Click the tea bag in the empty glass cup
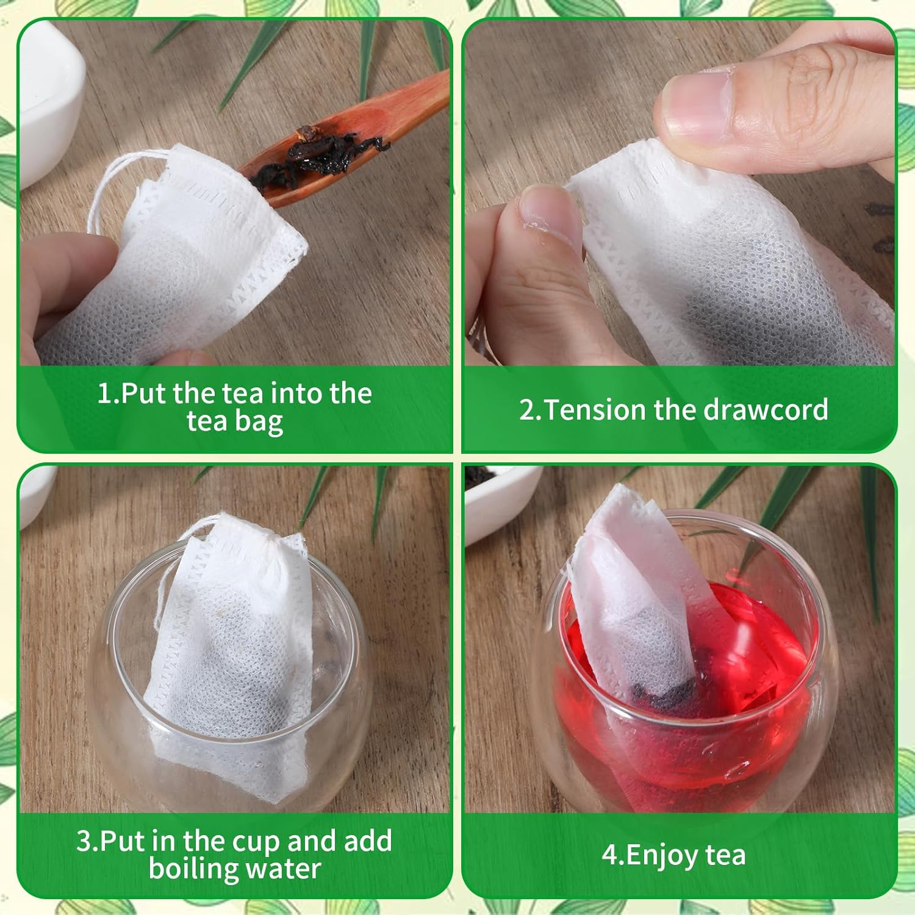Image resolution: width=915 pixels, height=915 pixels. pyautogui.click(x=232, y=647)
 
